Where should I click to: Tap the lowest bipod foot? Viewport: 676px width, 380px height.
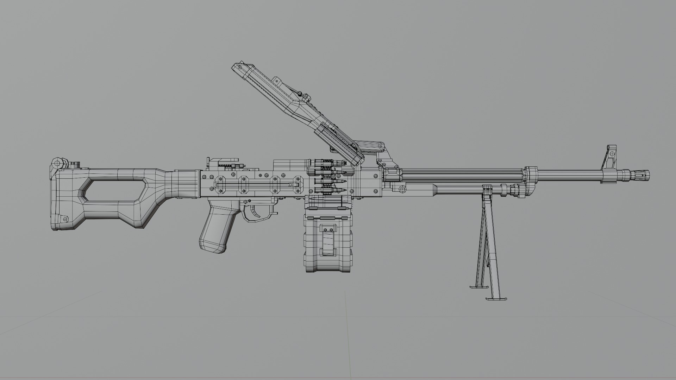click(x=496, y=299)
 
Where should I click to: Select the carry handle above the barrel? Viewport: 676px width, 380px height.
click(x=370, y=146)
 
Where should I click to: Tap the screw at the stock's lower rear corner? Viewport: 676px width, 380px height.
click(x=65, y=219)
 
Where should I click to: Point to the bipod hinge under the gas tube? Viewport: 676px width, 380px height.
click(x=488, y=189)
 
